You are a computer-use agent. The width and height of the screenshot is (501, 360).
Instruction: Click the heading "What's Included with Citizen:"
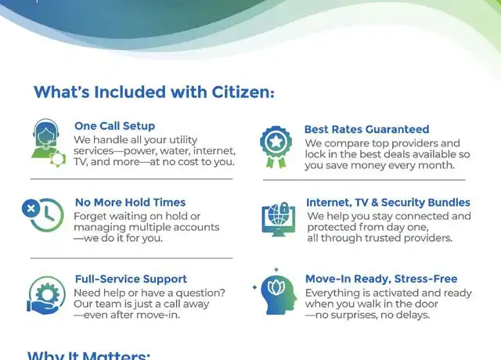click(x=154, y=92)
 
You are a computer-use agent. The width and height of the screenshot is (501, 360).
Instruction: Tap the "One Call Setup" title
click(x=115, y=126)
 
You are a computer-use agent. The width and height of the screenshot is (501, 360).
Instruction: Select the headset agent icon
click(x=49, y=142)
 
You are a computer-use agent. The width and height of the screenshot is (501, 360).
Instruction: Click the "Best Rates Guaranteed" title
click(x=367, y=129)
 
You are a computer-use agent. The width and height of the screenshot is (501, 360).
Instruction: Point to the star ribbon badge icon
click(x=276, y=147)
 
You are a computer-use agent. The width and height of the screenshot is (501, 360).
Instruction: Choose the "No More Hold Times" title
click(x=131, y=202)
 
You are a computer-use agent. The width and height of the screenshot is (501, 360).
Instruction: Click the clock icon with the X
click(x=43, y=214)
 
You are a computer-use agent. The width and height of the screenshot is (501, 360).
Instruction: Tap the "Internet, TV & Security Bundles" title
click(x=388, y=202)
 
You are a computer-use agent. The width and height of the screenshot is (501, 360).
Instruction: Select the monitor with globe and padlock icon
click(x=279, y=219)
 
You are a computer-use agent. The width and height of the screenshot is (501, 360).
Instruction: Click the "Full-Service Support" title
click(x=131, y=279)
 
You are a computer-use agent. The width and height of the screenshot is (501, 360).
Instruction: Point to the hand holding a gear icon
click(x=46, y=295)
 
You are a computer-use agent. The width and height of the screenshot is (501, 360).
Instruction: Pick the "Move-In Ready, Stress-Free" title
click(x=381, y=279)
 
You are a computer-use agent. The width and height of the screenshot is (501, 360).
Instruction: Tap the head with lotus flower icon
click(x=275, y=292)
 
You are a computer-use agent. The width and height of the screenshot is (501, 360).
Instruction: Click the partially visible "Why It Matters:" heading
click(x=88, y=355)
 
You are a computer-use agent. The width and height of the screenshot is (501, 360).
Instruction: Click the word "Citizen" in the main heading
click(x=243, y=92)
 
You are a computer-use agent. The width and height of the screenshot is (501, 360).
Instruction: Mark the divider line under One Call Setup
click(x=132, y=179)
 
